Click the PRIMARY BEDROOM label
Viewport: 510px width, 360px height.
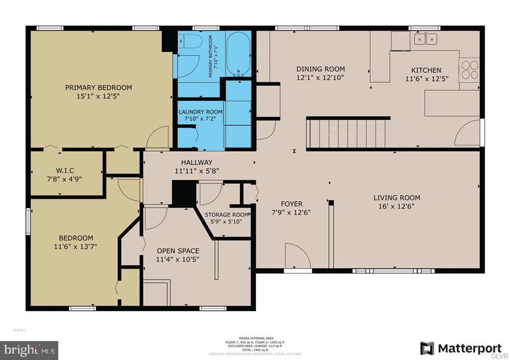pos(99,88)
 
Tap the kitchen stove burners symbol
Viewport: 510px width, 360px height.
pos(469,69)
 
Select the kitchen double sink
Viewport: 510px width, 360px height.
pos(425,38)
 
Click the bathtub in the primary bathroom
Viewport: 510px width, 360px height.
pos(238,55)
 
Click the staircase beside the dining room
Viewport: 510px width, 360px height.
pos(347,133)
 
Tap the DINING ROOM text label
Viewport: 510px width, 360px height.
pos(320,69)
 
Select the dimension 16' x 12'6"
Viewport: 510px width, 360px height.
pos(396,206)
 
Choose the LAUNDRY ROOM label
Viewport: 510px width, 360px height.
pos(200,112)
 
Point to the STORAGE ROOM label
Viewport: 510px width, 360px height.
pos(227,215)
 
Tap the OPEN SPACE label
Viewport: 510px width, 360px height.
pos(178,250)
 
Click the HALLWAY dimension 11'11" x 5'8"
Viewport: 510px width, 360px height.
pos(197,171)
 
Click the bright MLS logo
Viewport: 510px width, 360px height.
pos(29,350)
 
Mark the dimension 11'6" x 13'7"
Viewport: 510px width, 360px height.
pos(76,246)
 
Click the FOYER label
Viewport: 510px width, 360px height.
pos(291,204)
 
